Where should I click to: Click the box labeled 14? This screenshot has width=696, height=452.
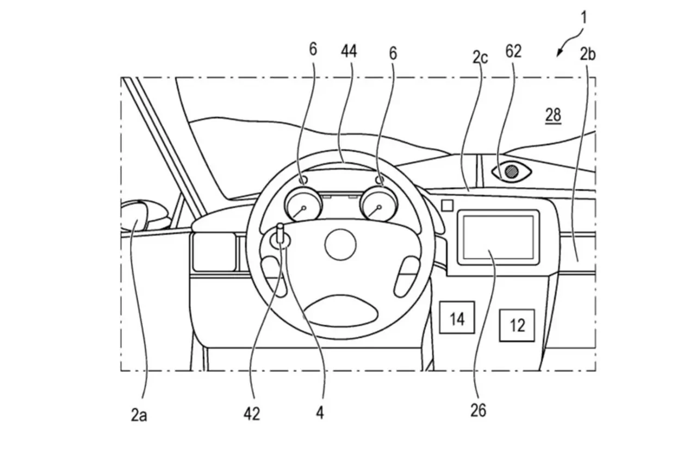point(457,318)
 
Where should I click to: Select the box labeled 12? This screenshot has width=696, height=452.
point(517,325)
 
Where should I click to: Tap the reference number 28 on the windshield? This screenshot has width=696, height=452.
point(554,115)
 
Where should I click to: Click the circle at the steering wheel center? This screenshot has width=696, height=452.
point(340,244)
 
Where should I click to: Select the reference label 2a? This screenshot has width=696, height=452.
point(139,416)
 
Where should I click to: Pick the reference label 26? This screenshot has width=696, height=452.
point(478,411)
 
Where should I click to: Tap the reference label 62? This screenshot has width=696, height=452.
point(513,51)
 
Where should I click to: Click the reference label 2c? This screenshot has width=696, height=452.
point(480,57)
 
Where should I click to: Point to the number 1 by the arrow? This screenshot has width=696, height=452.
point(583,17)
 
